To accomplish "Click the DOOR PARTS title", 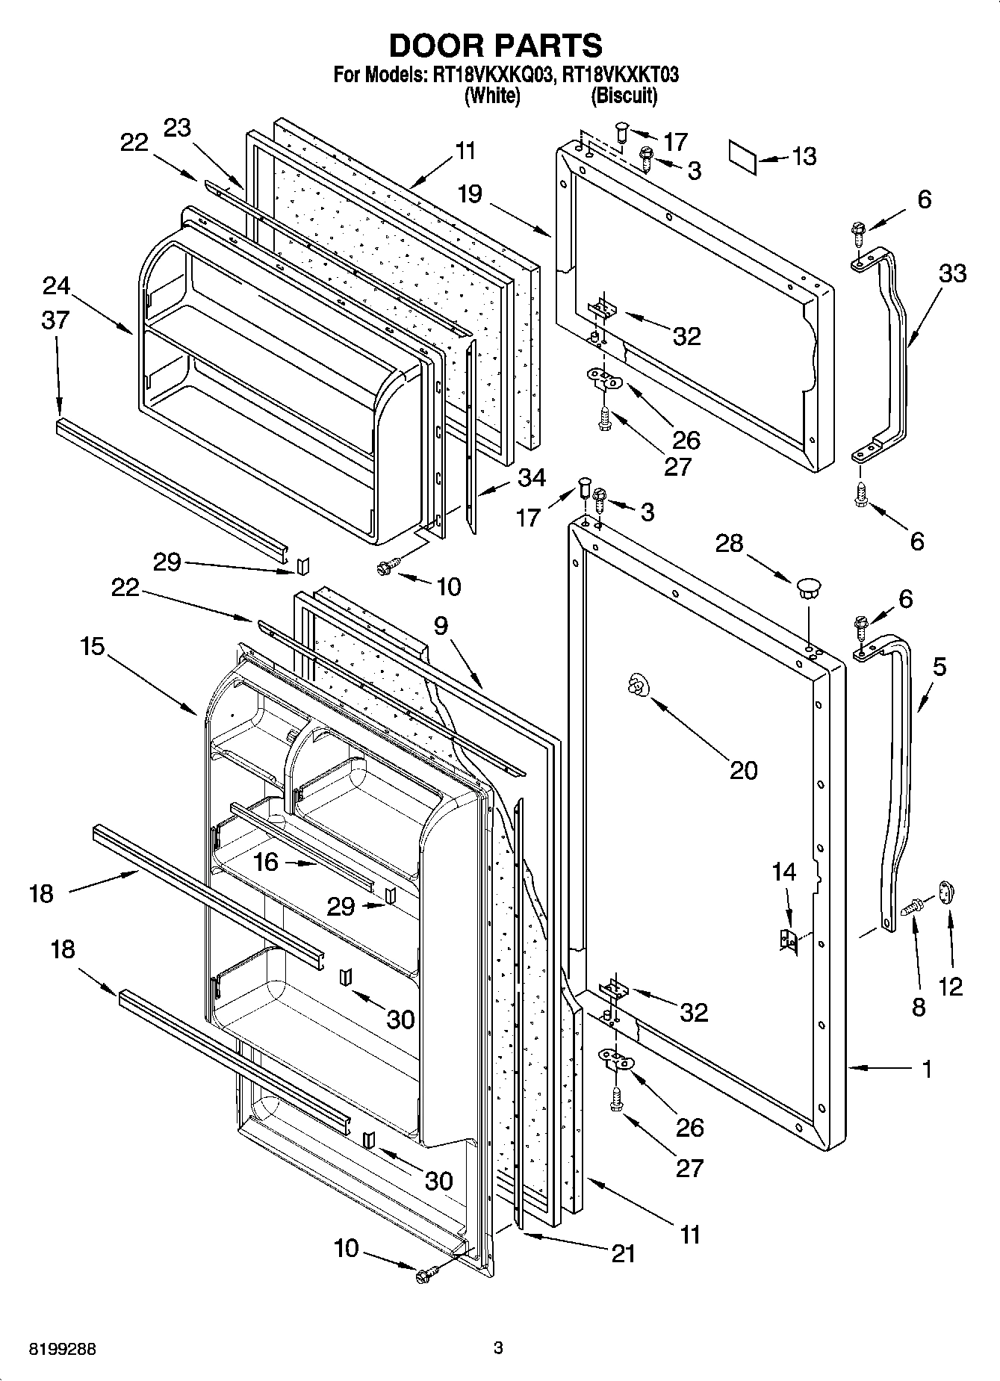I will (495, 46).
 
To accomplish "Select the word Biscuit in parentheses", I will (624, 96).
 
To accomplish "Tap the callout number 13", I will (804, 157).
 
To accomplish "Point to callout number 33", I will (953, 273).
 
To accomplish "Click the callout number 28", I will (729, 544).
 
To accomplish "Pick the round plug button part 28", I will (807, 586).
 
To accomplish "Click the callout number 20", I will (743, 770).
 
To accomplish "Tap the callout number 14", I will (784, 872).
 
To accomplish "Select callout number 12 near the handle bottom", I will (950, 987).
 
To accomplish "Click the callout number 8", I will (919, 1007).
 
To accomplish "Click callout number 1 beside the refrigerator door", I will (926, 1070).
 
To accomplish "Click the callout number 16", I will (266, 863).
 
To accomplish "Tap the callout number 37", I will (55, 320).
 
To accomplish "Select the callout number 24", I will (56, 286).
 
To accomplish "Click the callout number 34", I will (531, 478).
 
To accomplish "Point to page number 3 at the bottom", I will (498, 1348).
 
